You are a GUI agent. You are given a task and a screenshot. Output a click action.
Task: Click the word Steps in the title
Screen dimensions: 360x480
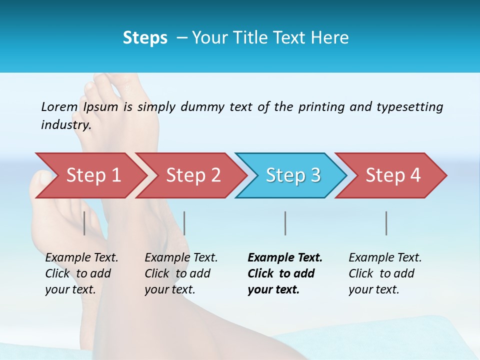pos(145,38)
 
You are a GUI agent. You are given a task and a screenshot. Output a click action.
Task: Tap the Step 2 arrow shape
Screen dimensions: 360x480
pos(193,175)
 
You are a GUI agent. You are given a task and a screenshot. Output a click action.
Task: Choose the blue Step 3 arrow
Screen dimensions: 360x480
pos(292,175)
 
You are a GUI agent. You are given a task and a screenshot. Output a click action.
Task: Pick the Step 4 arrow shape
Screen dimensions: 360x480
pos(392,175)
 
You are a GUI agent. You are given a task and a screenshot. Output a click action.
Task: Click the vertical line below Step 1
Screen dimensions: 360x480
pos(84,223)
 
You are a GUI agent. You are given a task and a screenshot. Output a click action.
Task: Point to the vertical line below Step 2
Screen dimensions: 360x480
pos(184,223)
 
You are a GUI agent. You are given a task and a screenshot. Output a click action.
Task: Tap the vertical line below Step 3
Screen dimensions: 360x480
pos(285,223)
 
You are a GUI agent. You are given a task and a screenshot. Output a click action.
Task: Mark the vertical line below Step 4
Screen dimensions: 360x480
pos(386,223)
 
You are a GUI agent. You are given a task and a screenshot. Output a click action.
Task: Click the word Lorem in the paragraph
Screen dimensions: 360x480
pos(59,107)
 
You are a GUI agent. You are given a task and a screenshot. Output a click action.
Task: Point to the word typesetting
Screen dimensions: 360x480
pos(409,107)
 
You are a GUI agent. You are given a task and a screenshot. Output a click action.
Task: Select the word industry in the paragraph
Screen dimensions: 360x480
pos(65,125)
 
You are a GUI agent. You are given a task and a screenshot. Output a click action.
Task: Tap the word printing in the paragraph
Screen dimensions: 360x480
pos(321,107)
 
